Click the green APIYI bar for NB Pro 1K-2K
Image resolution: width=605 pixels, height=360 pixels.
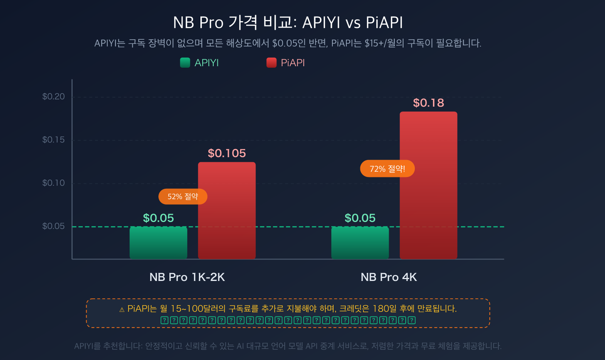point(158,243)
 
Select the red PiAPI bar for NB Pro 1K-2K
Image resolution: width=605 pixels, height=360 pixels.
point(227,211)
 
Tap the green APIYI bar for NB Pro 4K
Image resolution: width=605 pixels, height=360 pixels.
point(360,243)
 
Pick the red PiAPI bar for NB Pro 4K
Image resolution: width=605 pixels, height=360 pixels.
point(428,185)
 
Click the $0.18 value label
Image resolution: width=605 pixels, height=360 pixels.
point(428,103)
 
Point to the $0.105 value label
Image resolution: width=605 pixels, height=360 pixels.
point(227,153)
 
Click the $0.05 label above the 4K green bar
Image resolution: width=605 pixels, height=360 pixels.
point(360,218)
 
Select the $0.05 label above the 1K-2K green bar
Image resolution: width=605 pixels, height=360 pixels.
point(158,218)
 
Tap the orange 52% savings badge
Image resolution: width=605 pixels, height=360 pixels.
point(183,197)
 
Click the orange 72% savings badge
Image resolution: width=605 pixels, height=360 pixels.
point(387,169)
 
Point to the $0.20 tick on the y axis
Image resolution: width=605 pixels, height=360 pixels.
point(53,97)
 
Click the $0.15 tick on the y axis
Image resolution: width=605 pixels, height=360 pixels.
point(53,140)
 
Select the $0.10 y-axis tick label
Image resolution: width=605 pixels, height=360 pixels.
point(53,183)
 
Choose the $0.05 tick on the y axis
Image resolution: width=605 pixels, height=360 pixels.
point(53,226)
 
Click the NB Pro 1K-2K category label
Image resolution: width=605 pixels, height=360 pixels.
point(187,277)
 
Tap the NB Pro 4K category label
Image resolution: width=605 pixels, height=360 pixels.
point(389,277)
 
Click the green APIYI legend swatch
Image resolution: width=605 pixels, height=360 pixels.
point(185,63)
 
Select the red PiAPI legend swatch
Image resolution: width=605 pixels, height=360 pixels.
point(271,63)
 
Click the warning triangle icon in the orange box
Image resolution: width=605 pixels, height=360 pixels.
point(122,310)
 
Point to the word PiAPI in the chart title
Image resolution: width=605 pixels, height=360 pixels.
point(384,23)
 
